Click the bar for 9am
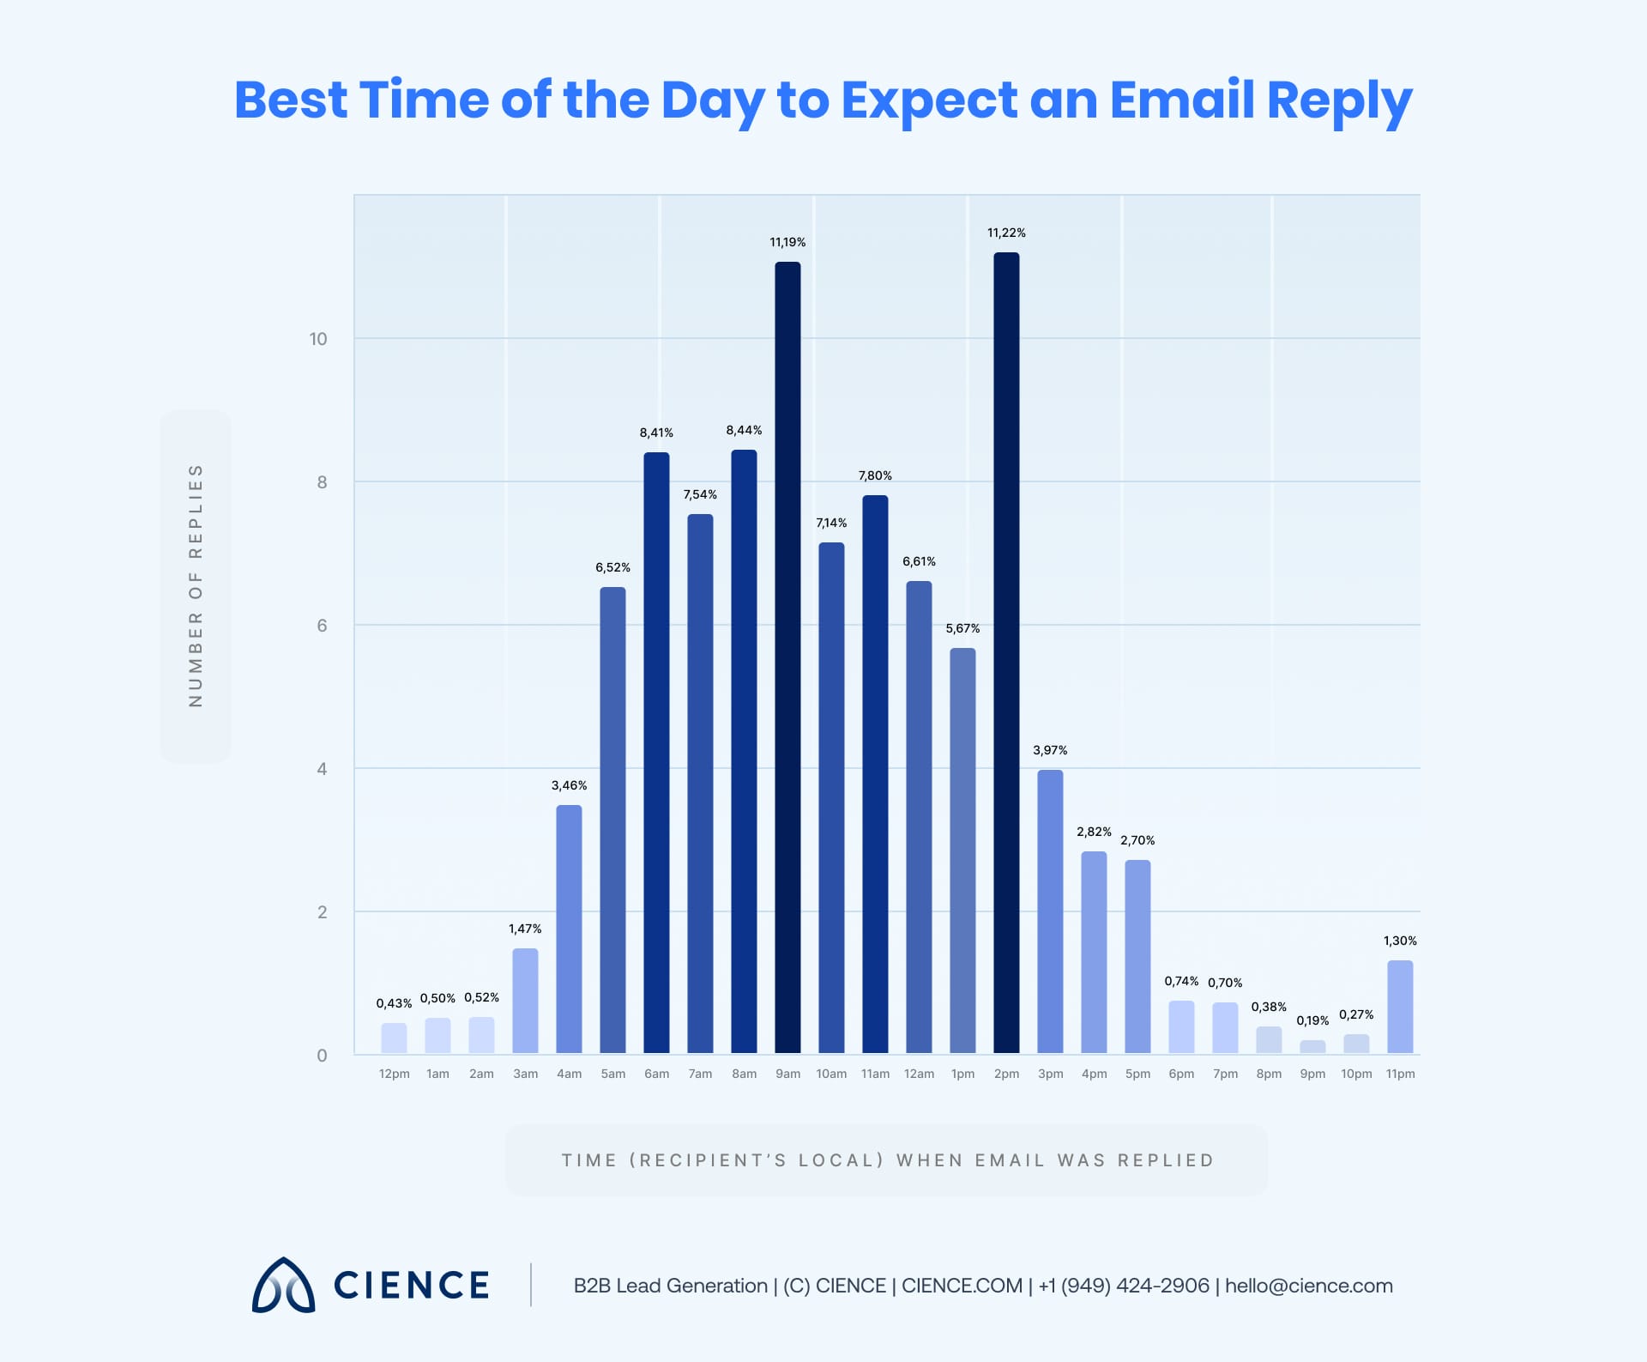[787, 657]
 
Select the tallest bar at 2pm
[1006, 652]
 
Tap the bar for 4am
[569, 929]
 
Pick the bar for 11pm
[1400, 1007]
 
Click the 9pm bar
[1312, 1046]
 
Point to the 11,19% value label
[787, 243]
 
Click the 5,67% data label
[962, 629]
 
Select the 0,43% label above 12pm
[394, 1003]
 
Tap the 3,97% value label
[1050, 750]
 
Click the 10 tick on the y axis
[318, 339]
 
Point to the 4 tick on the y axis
[322, 769]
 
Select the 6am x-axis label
[656, 1074]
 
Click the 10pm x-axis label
[1356, 1074]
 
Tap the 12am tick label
[919, 1074]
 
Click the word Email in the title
[1181, 100]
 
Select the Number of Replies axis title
[196, 586]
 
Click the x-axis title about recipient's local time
[887, 1160]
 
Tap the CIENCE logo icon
[283, 1285]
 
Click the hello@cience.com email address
[1309, 1286]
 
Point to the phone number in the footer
[1124, 1286]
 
